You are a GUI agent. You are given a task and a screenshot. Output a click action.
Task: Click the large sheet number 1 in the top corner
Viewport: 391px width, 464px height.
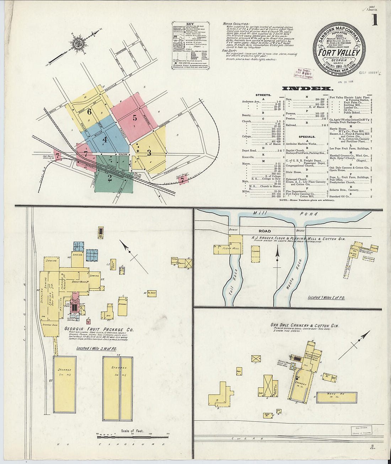(375, 20)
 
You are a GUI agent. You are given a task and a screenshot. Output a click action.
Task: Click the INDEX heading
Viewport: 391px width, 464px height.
(307, 89)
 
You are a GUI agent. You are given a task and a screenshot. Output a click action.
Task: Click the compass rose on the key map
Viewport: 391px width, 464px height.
(77, 44)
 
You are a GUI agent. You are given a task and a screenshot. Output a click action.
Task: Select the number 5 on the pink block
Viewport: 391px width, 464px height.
(135, 117)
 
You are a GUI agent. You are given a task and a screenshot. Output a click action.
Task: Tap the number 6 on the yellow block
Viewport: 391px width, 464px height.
(89, 112)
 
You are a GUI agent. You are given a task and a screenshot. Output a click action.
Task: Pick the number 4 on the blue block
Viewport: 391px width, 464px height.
(105, 139)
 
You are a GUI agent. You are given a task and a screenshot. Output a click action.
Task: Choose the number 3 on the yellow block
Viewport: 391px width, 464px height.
(149, 153)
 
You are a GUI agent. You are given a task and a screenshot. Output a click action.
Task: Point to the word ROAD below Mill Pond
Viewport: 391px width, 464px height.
(264, 231)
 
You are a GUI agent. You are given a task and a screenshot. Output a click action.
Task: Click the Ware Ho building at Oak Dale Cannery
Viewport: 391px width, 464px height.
(336, 397)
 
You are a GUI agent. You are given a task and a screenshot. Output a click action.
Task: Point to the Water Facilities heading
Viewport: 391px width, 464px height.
(236, 24)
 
